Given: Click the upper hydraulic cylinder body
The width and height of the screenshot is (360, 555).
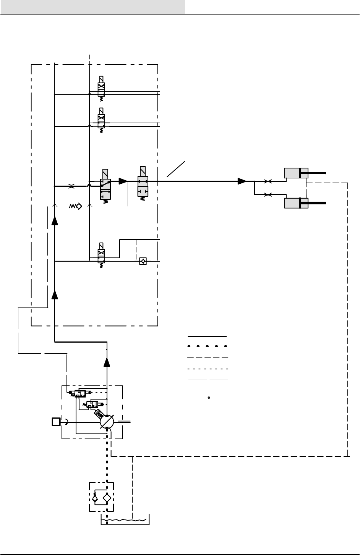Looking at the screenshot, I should tap(296, 173).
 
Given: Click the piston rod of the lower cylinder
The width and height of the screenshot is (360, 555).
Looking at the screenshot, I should tap(317, 203).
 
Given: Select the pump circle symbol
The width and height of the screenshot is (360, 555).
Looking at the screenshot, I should tap(107, 422).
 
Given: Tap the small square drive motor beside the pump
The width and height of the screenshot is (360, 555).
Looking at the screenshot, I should tap(56, 422).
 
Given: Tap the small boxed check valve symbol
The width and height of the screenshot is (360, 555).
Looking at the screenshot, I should tap(143, 262).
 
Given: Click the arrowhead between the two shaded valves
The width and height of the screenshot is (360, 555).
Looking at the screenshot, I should tap(123, 181).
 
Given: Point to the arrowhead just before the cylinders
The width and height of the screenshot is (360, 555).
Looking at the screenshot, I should tap(242, 181).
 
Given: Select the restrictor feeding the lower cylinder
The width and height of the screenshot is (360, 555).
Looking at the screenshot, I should tap(268, 195).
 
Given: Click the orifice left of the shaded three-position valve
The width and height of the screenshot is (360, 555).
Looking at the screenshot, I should tap(71, 186).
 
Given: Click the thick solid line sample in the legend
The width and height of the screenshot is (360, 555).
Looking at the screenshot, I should tap(208, 337).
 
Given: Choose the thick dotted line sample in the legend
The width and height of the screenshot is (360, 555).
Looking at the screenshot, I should tap(208, 346).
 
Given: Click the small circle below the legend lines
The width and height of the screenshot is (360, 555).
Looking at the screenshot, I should tap(209, 398).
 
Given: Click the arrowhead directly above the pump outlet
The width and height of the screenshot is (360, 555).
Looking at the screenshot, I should tap(107, 361).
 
